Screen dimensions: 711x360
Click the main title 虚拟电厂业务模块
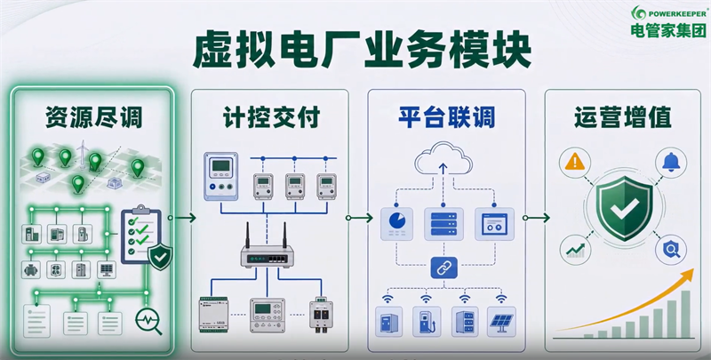(x=362, y=51)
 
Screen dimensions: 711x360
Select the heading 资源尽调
(x=93, y=117)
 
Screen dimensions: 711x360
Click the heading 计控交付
(x=271, y=117)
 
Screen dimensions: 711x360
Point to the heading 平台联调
(x=447, y=117)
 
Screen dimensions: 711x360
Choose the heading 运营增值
(x=622, y=117)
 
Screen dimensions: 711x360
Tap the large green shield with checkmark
(x=625, y=208)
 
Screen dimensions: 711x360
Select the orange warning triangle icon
(x=575, y=163)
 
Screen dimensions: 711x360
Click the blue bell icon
(x=671, y=163)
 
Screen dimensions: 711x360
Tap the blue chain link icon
(x=443, y=268)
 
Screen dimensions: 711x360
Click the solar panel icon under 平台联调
(x=502, y=321)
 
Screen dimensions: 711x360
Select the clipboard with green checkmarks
(x=141, y=235)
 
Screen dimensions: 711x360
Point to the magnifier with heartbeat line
(x=148, y=321)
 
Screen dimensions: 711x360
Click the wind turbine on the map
(x=82, y=155)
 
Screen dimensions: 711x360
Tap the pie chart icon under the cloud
(x=396, y=223)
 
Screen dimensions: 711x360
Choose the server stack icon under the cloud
(x=443, y=223)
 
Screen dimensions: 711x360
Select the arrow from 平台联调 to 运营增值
(x=536, y=218)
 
